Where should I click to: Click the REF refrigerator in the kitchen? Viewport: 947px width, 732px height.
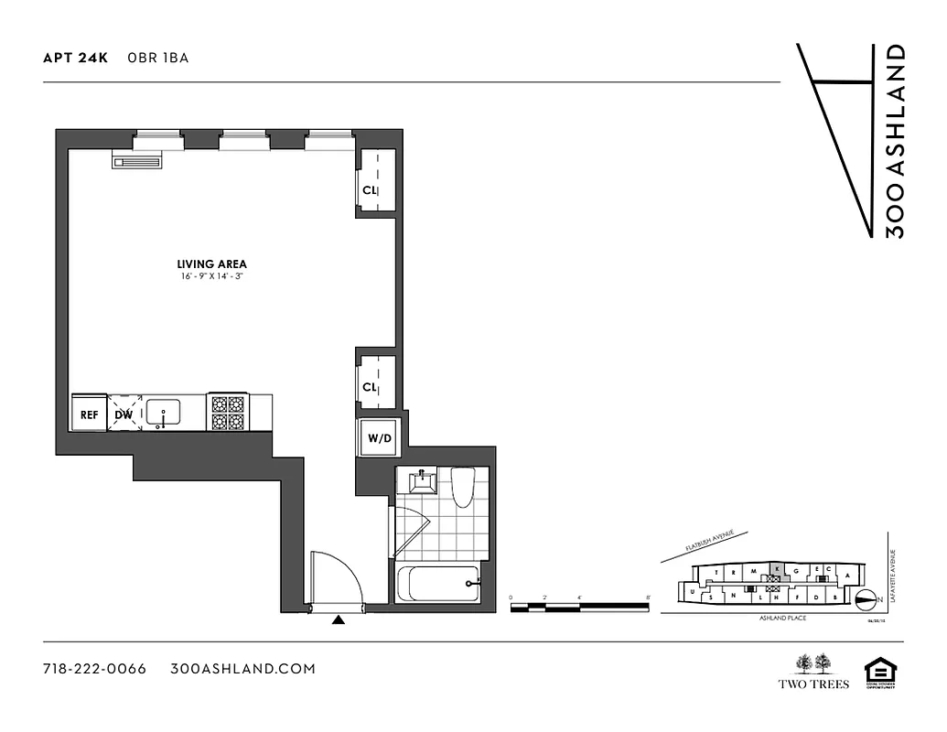click(x=89, y=414)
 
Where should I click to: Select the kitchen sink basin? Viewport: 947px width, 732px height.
click(x=164, y=411)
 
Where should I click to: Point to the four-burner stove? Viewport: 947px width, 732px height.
click(x=227, y=413)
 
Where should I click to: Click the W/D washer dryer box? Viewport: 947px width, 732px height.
click(x=379, y=438)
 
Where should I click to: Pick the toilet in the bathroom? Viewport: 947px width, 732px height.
click(x=461, y=487)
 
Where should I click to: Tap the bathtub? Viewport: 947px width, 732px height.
click(x=438, y=583)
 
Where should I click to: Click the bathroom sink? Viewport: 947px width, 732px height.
click(x=423, y=481)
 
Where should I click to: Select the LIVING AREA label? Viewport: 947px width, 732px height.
click(x=212, y=264)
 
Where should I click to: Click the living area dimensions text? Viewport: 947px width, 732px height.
click(x=212, y=276)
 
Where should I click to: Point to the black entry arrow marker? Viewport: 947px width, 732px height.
click(x=339, y=620)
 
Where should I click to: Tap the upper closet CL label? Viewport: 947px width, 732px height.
click(x=370, y=190)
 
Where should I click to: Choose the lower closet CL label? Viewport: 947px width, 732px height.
click(x=370, y=387)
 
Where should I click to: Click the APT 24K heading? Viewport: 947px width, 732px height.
click(x=76, y=58)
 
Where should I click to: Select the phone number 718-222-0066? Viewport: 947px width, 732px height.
click(x=95, y=669)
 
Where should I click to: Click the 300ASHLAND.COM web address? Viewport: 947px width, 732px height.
click(x=243, y=669)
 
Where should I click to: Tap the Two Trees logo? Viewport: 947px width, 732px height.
click(x=813, y=672)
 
